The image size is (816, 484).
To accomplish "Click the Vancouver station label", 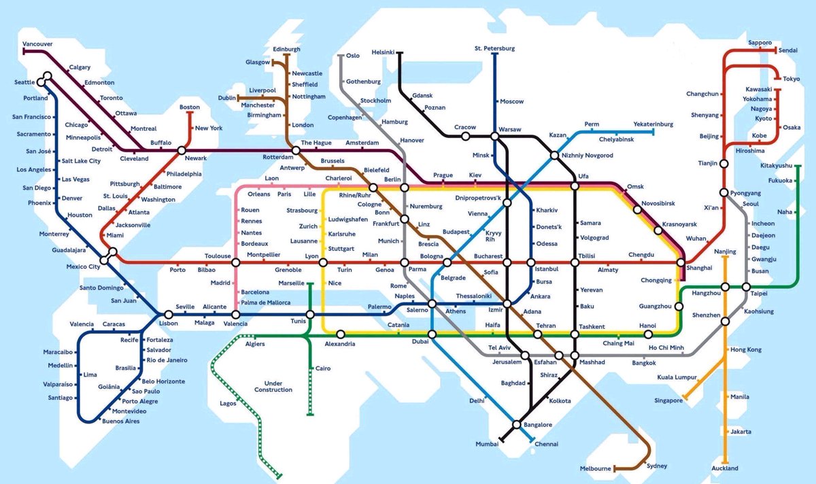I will pyautogui.click(x=37, y=44).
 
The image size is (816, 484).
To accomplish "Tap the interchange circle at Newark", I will pyautogui.click(x=182, y=150).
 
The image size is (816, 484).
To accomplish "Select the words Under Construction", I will pyautogui.click(x=273, y=385).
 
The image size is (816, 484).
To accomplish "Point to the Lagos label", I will pyautogui.click(x=228, y=403).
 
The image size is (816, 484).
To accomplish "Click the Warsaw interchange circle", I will pyautogui.click(x=495, y=137).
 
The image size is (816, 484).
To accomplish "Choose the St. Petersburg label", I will pyautogui.click(x=494, y=48).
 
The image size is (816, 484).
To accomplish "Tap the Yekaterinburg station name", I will pyautogui.click(x=653, y=124).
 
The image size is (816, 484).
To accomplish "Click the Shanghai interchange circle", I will pyautogui.click(x=681, y=262).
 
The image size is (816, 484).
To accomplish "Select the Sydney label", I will pyautogui.click(x=657, y=466).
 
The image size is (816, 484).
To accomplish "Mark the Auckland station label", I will pyautogui.click(x=724, y=468).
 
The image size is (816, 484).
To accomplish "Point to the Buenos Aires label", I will pyautogui.click(x=120, y=421).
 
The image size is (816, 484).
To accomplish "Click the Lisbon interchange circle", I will pyautogui.click(x=167, y=315).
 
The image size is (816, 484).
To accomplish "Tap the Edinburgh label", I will pyautogui.click(x=286, y=50).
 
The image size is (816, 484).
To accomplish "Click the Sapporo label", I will pyautogui.click(x=760, y=42).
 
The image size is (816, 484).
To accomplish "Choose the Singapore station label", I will pyautogui.click(x=668, y=400).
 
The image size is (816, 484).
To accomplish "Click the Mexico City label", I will pyautogui.click(x=83, y=266).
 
